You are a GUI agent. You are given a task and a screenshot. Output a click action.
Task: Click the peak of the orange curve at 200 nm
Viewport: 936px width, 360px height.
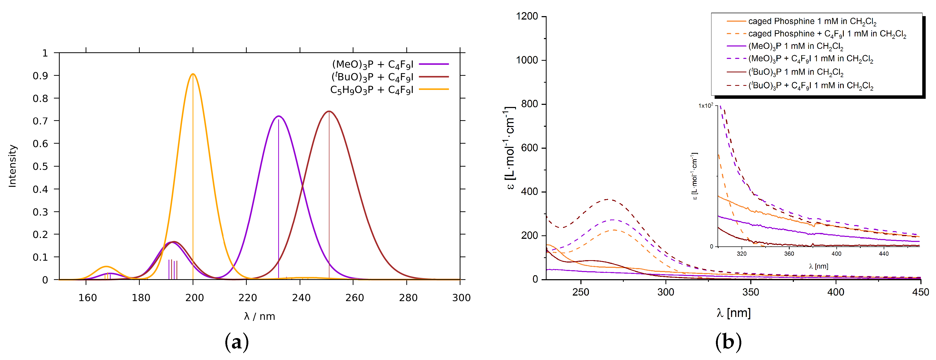(x=193, y=74)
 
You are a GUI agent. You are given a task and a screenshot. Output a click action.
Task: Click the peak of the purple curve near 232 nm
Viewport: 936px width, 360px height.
(x=279, y=116)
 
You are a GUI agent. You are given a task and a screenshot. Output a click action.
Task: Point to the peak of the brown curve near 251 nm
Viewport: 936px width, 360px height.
(x=329, y=111)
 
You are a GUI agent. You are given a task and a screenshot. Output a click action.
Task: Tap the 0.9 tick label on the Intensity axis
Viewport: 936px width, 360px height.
(x=40, y=76)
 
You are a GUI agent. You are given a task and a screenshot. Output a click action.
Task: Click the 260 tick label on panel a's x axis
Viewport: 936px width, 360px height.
(x=355, y=298)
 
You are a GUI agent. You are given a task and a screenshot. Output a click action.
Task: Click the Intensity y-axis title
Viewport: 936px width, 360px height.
(x=13, y=166)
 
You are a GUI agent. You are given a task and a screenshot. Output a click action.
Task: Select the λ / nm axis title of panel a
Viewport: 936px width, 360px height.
(x=259, y=316)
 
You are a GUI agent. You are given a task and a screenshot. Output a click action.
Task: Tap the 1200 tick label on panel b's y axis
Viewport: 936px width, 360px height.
(x=527, y=16)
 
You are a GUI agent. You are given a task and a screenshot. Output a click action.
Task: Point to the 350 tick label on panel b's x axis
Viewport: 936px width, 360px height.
(x=751, y=292)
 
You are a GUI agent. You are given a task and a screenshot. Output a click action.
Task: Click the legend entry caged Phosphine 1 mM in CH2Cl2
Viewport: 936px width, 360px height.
(x=812, y=21)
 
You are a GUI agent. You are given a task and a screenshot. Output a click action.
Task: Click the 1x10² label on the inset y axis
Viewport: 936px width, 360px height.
(x=706, y=106)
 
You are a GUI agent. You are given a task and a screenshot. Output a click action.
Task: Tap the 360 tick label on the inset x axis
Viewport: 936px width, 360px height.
(x=789, y=254)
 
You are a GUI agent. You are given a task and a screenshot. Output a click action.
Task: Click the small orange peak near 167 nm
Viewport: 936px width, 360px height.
(x=106, y=267)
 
